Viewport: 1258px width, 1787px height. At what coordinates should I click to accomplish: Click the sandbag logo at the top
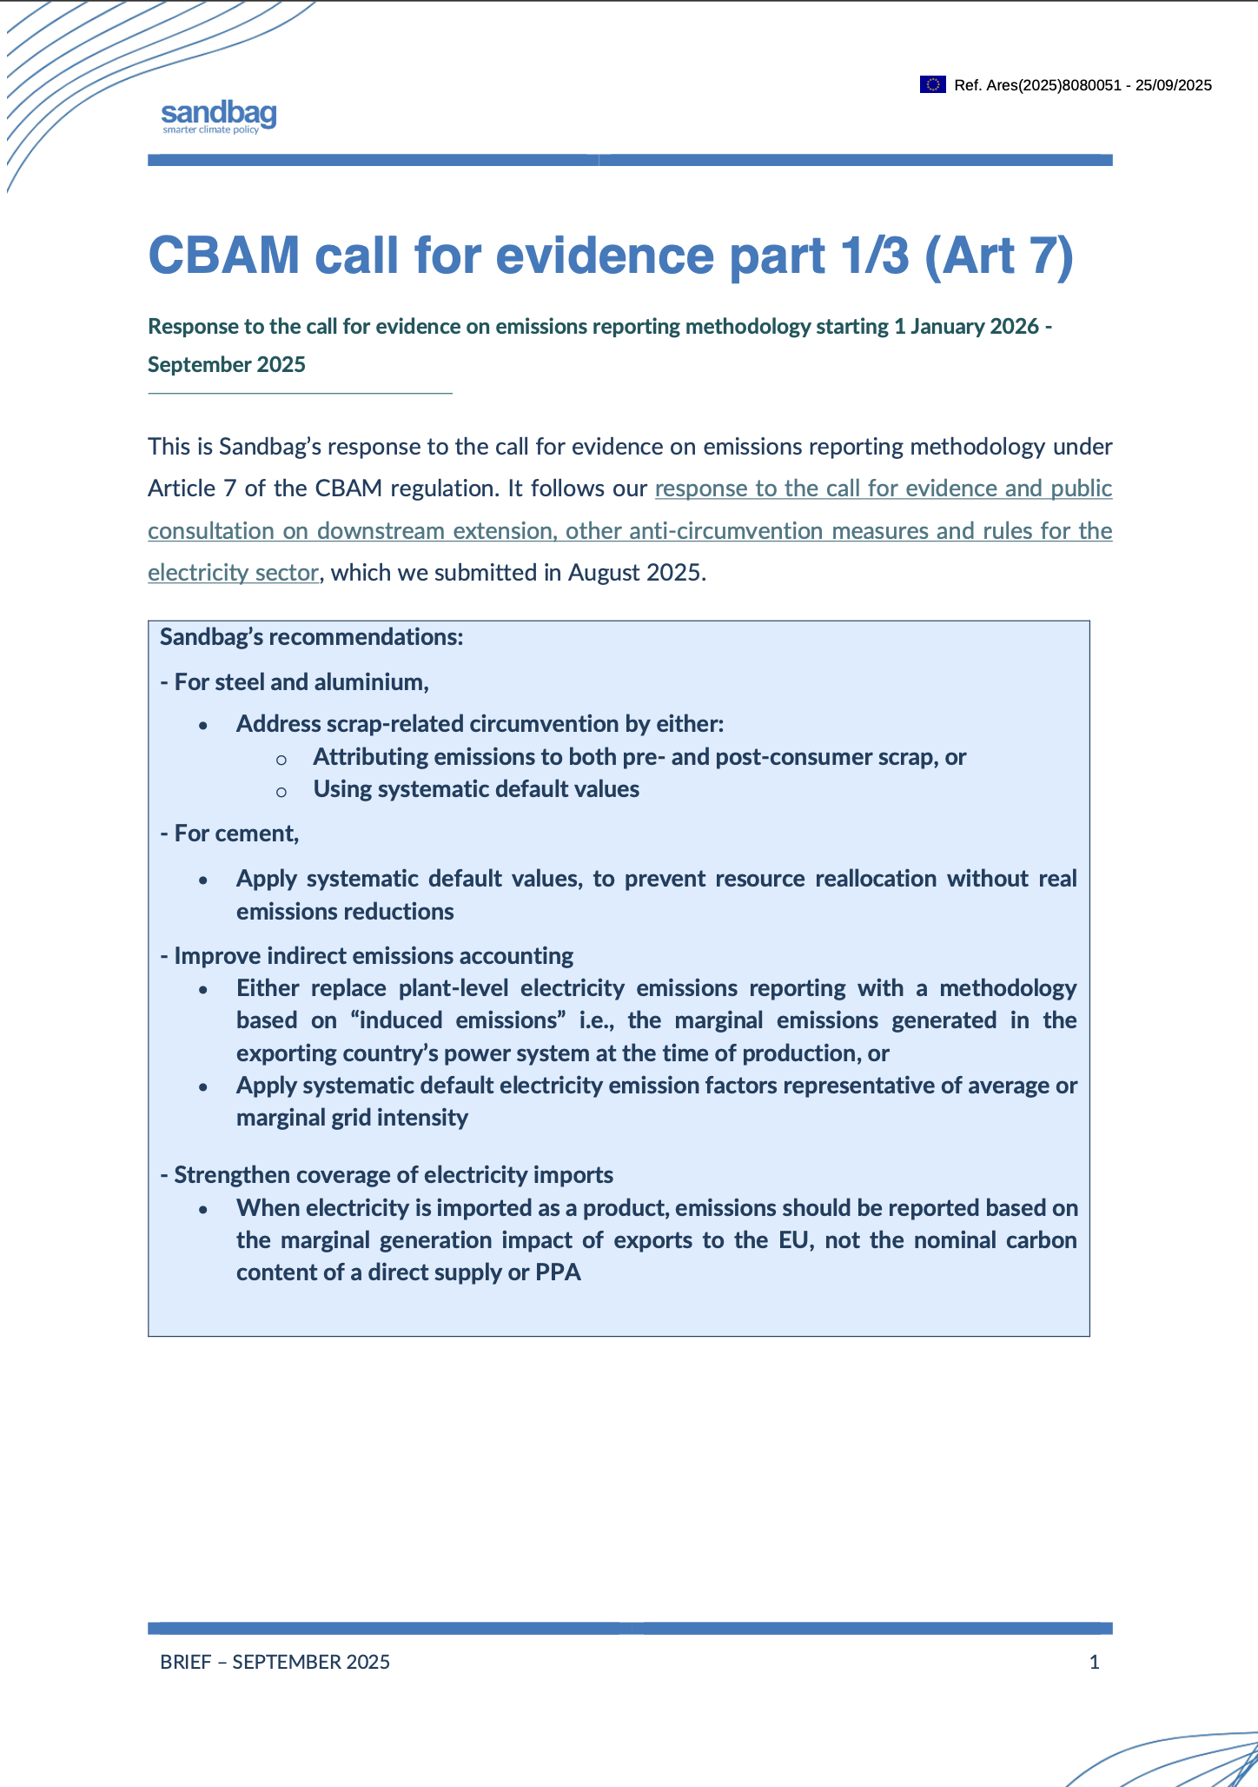pos(219,116)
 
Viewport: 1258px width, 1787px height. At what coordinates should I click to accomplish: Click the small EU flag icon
pos(932,84)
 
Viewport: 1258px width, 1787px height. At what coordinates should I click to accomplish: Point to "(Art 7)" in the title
pos(998,256)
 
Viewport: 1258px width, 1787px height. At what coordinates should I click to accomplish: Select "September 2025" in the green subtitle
pos(227,365)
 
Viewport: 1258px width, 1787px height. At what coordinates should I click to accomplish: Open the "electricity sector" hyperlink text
pos(233,573)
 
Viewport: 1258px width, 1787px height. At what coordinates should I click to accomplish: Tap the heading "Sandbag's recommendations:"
pos(312,637)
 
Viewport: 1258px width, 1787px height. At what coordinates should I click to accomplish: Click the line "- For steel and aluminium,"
pos(295,682)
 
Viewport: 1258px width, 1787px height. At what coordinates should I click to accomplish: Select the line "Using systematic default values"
pos(476,789)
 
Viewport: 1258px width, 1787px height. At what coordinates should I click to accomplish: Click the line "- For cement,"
pos(229,834)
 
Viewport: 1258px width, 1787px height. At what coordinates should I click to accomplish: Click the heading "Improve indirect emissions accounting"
pos(374,956)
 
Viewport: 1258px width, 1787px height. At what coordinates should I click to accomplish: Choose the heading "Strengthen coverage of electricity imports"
pos(394,1175)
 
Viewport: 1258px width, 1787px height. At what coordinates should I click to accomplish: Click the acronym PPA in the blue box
pos(559,1272)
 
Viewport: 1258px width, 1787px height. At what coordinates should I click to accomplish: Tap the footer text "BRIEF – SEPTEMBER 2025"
pos(275,1662)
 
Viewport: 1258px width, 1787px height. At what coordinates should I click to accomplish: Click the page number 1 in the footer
pos(1094,1662)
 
